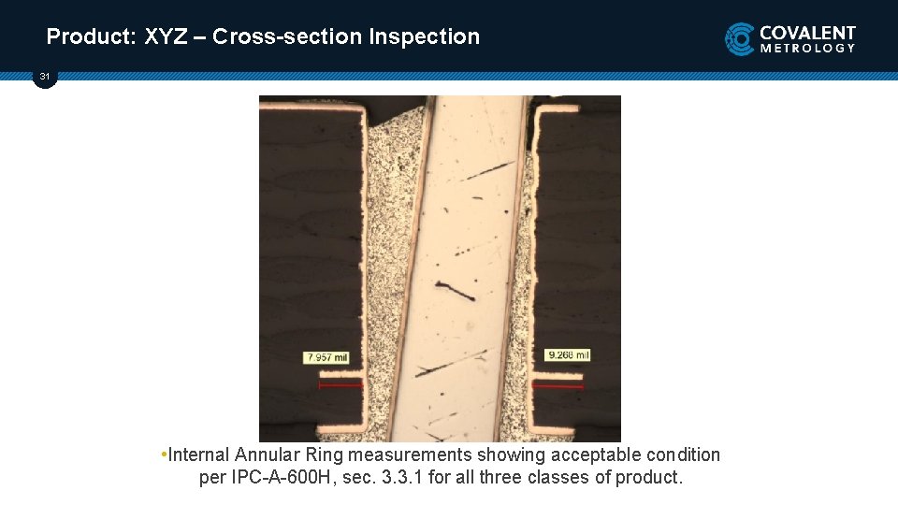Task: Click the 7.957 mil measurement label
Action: tap(326, 357)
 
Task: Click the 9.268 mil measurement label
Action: tap(568, 354)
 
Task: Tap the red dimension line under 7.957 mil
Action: tap(340, 384)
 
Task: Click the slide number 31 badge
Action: tap(45, 77)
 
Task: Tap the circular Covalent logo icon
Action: tap(740, 39)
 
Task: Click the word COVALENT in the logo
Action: tap(807, 32)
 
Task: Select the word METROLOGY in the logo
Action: tap(807, 48)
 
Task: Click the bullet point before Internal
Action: tap(164, 454)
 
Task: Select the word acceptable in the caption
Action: tap(596, 454)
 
